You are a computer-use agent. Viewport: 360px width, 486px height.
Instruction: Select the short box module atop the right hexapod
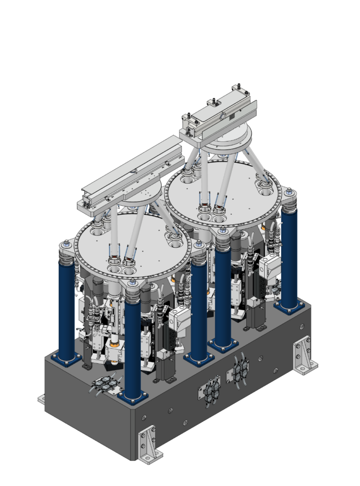point(218,116)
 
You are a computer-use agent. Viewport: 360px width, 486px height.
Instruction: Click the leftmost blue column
point(67,313)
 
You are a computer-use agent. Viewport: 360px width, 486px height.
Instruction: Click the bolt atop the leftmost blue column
point(65,245)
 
